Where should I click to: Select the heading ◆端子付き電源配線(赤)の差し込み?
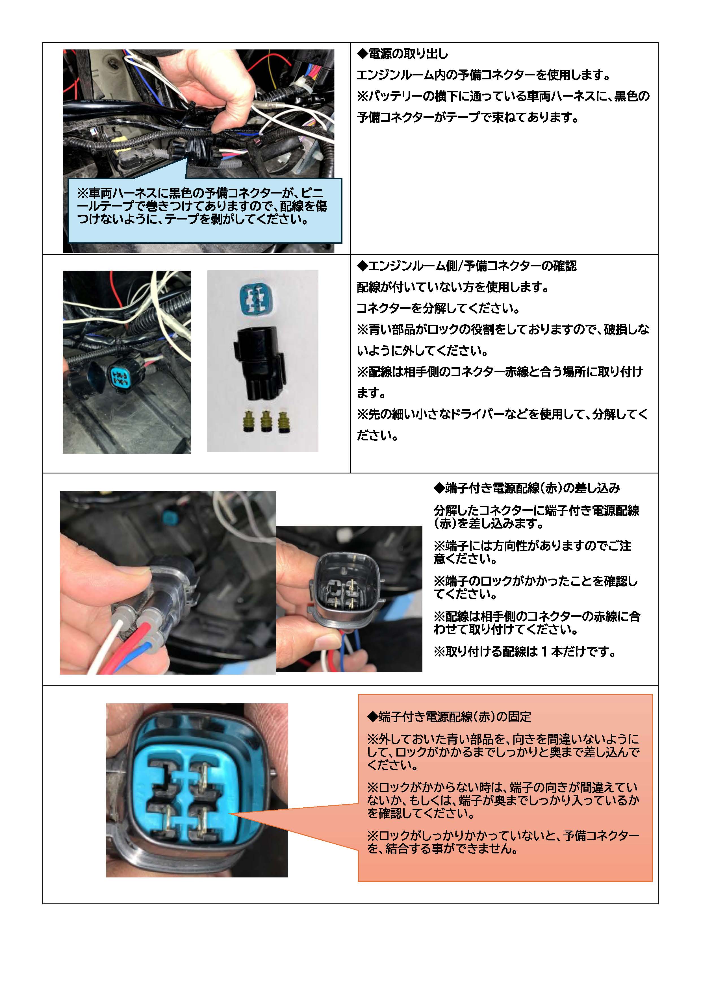[527, 488]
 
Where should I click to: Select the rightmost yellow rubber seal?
[283, 422]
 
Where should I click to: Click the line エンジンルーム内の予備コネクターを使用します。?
[483, 75]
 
